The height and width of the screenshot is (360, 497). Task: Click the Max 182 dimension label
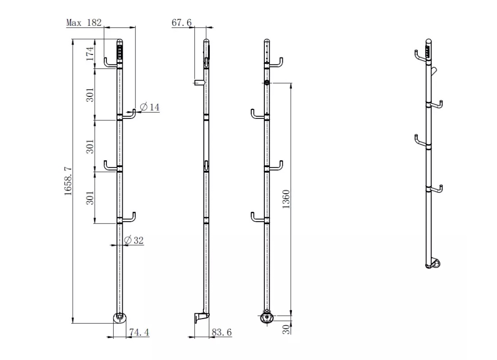84,23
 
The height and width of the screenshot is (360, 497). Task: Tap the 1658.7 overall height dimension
68,182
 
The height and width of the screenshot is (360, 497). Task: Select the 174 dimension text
90,54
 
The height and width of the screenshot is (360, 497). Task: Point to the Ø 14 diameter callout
149,107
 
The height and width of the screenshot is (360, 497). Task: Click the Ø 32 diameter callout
133,240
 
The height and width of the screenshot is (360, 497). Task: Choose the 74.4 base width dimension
139,332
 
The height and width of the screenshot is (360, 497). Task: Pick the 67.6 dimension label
182,23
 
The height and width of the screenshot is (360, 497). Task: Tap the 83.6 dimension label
221,332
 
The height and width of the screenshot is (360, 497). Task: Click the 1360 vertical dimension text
286,199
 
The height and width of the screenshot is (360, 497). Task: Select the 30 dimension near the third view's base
286,329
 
